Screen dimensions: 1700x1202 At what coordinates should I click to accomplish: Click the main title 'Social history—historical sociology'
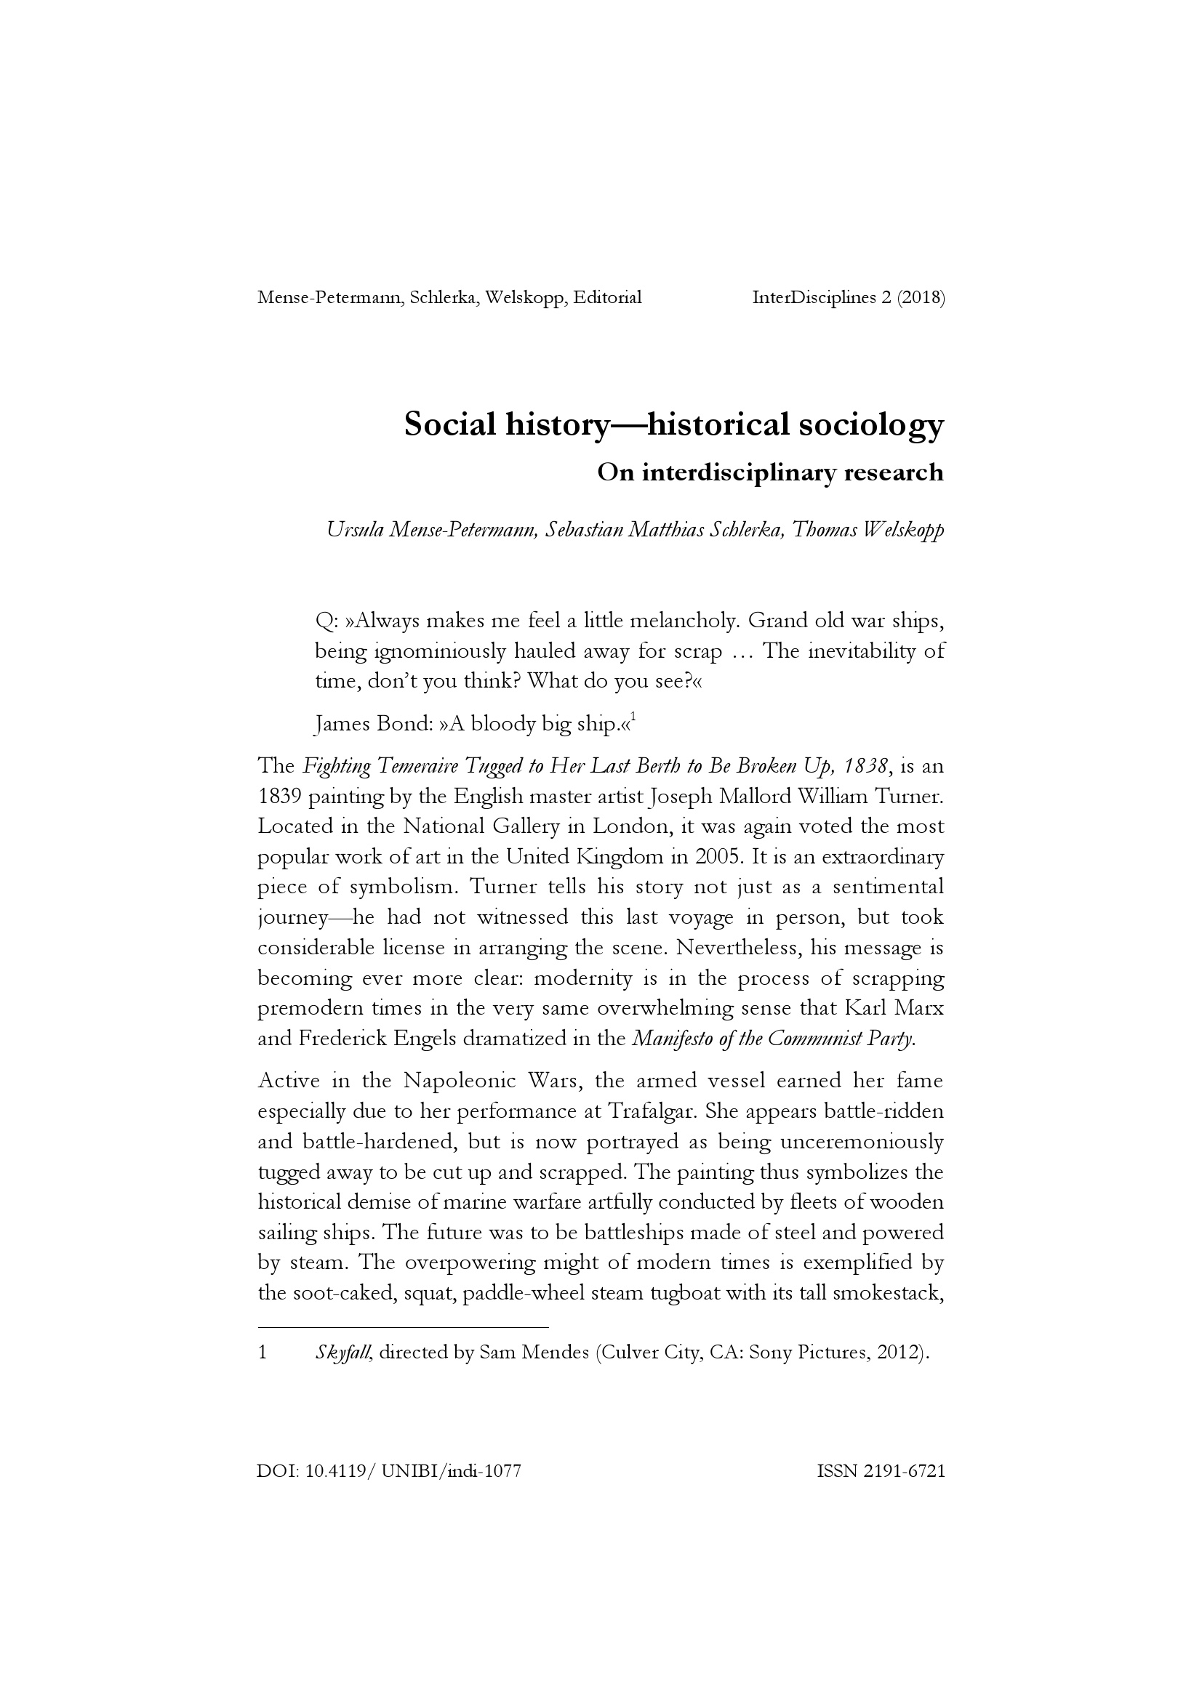[674, 425]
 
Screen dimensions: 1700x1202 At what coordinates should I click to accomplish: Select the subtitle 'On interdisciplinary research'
[770, 472]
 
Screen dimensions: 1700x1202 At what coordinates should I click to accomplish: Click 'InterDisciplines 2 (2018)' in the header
[848, 298]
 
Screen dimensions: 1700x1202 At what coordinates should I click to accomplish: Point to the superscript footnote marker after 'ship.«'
[633, 717]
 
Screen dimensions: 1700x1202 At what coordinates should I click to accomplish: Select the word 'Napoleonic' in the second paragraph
[458, 1081]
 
